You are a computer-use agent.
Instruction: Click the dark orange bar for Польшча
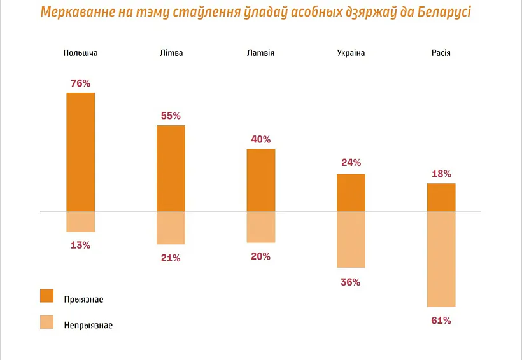click(x=80, y=152)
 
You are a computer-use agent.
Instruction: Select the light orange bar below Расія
click(x=441, y=259)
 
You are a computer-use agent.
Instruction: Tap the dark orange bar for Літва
click(x=171, y=168)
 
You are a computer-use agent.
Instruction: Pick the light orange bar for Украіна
click(x=351, y=239)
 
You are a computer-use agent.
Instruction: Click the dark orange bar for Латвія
click(x=261, y=180)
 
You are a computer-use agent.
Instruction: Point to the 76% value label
click(x=80, y=83)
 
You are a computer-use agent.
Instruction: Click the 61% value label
click(x=441, y=321)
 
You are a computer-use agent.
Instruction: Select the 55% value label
click(x=171, y=116)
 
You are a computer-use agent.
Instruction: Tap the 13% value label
click(x=80, y=245)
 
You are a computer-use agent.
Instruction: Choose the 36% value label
click(x=351, y=282)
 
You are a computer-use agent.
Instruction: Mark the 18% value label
click(x=441, y=174)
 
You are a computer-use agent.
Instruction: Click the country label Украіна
click(x=351, y=53)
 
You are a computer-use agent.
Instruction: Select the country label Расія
click(x=441, y=53)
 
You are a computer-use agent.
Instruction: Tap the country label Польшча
click(x=81, y=53)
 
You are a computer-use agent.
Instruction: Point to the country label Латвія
click(x=261, y=53)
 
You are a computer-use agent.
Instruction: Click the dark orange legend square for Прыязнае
click(x=47, y=296)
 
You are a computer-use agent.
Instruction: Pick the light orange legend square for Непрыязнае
click(x=47, y=323)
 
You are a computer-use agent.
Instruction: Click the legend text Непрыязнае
click(x=88, y=325)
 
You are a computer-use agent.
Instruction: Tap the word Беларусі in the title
click(x=439, y=12)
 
